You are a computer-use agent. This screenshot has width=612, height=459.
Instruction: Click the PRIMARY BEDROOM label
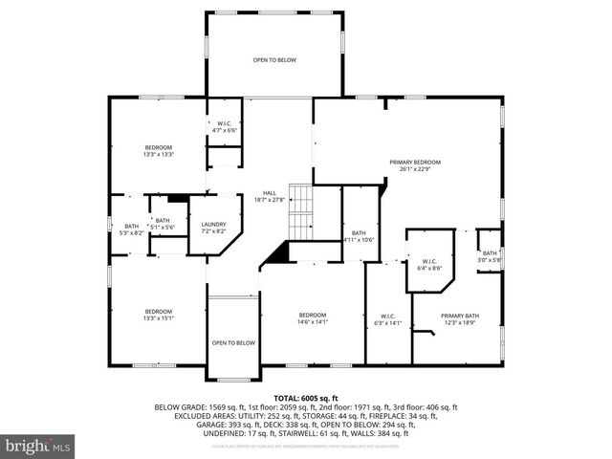click(x=414, y=166)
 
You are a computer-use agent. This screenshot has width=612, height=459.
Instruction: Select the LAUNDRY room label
click(x=213, y=228)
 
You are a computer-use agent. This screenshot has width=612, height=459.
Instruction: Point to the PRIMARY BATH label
click(x=459, y=318)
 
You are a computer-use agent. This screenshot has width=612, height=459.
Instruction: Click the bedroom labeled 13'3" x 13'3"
click(x=158, y=150)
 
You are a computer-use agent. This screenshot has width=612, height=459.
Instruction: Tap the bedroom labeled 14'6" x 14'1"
click(x=312, y=318)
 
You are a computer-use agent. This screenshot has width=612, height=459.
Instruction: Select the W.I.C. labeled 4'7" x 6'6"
click(x=225, y=125)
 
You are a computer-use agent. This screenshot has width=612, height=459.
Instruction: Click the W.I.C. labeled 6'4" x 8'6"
click(x=429, y=265)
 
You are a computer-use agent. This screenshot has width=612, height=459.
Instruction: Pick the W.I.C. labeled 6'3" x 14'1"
click(x=387, y=319)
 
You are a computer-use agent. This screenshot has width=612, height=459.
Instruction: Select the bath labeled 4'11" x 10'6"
click(x=358, y=236)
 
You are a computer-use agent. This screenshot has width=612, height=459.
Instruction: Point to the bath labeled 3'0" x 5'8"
click(x=489, y=256)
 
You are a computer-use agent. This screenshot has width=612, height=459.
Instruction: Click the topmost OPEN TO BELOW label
click(x=274, y=60)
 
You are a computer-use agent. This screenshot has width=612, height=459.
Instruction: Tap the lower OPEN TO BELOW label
click(x=233, y=342)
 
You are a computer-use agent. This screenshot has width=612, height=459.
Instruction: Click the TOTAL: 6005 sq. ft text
click(x=306, y=397)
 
